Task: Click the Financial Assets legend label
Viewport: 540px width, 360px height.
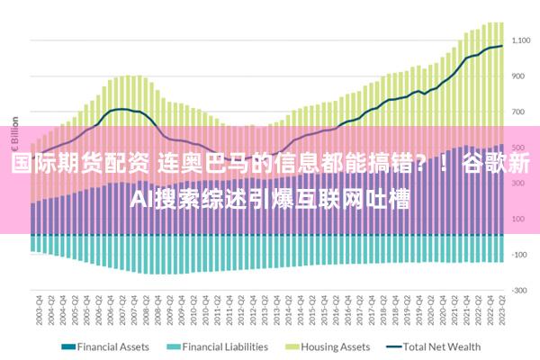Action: pos(112,346)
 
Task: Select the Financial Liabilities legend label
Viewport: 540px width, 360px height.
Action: pos(225,346)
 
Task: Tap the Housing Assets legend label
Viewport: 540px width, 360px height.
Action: pos(334,346)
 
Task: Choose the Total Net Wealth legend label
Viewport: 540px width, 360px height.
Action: pos(442,346)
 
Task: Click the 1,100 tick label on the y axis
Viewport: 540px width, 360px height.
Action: pos(521,40)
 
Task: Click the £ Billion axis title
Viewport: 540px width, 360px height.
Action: pos(14,135)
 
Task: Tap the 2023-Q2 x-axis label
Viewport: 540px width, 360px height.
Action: pos(501,310)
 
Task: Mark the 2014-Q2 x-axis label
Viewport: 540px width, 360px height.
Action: pos(289,310)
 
